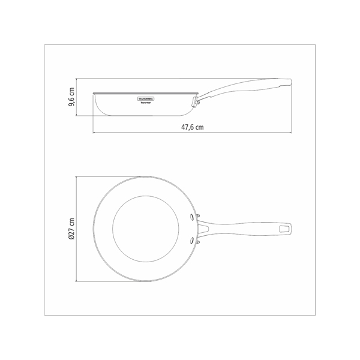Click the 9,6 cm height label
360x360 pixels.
click(71, 97)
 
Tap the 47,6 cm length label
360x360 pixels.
click(191, 127)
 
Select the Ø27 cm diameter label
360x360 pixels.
click(71, 229)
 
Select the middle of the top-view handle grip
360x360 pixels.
click(246, 229)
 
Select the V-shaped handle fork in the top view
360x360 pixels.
click(204, 229)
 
